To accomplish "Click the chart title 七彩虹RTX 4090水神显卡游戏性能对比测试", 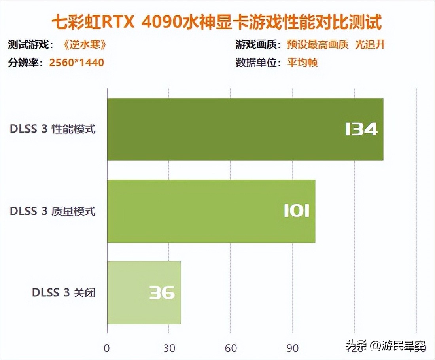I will coord(217,23).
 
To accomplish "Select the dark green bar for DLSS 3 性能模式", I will coord(245,129).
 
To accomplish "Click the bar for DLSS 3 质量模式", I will coord(211,211).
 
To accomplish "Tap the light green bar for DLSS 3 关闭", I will coord(144,293).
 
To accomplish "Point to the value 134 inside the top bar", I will coord(361,129).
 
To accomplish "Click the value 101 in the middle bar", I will coord(296,211).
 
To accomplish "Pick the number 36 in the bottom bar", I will coord(162,293).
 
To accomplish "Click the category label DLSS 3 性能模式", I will coord(53,129).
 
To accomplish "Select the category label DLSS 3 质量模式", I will coord(53,211).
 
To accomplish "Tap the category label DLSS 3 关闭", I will coord(64,293).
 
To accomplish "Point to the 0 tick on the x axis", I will coord(107,348).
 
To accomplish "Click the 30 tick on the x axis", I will coord(169,348).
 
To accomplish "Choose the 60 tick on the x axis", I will coord(231,348).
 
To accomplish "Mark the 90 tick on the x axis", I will coord(293,348).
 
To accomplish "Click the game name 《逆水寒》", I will coord(85,45).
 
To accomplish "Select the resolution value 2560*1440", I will coord(76,63).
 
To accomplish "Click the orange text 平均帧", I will coord(303,63).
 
